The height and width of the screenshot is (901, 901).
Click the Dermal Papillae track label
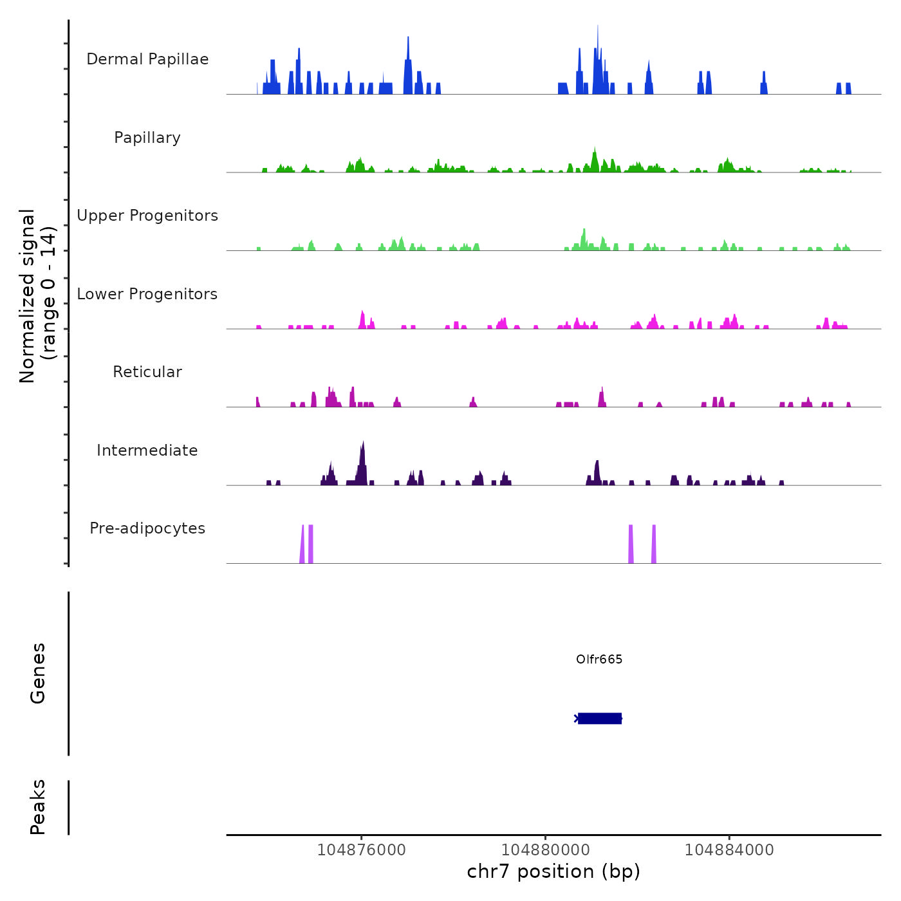(x=147, y=59)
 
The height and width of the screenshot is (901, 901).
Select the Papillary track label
(x=147, y=138)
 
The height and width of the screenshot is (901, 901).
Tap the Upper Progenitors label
(x=147, y=216)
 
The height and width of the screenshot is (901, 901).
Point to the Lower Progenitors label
(x=147, y=294)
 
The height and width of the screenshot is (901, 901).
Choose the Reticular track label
(x=147, y=372)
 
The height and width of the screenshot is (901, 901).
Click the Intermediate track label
(x=147, y=450)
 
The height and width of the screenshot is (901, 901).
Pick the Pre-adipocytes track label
(x=147, y=528)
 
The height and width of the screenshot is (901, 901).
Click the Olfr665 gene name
(x=599, y=659)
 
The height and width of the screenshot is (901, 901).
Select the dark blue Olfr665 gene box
(x=600, y=718)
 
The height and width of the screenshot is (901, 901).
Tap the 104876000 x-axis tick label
(x=362, y=850)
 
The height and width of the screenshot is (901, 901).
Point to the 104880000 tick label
(x=545, y=850)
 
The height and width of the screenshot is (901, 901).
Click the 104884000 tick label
(x=729, y=850)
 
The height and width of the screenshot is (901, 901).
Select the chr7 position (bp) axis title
(x=553, y=871)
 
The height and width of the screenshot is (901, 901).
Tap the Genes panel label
(x=38, y=673)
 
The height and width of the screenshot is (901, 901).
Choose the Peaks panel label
(x=38, y=807)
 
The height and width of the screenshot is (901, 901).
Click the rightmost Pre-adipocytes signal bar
(x=654, y=544)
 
